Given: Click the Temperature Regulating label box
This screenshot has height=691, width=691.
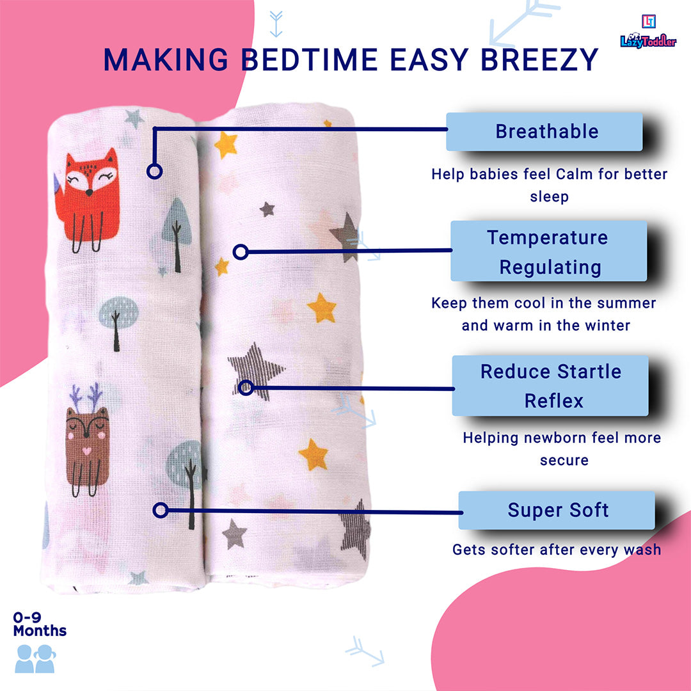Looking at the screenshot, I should pos(549,251).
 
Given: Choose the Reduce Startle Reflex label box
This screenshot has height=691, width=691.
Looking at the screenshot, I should pos(550,386).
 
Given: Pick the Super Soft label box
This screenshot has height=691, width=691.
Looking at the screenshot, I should pos(557,510).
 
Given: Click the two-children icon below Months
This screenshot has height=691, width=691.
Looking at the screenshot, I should pos(35,658).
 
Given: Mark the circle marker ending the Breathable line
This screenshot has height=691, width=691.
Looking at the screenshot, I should pos(154,171).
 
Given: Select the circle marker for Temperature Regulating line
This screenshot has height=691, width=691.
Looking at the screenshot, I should pos(241,251).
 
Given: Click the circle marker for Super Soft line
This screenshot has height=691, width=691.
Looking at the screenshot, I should pos(161,510).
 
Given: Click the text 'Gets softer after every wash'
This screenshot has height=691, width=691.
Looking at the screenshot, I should pos(557,550).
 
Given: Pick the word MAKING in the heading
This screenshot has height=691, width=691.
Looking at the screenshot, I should pos(166,60).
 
